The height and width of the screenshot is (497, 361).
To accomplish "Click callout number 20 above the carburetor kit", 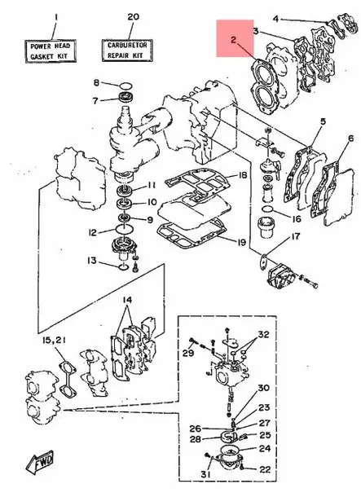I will coord(133,16).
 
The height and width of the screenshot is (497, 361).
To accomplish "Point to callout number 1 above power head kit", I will coord(55,16).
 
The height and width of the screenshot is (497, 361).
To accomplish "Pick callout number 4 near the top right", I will coord(275,18).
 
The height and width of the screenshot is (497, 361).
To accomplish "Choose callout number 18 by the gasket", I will coord(243,176).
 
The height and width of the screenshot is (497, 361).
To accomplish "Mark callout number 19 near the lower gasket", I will coord(243,242).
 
